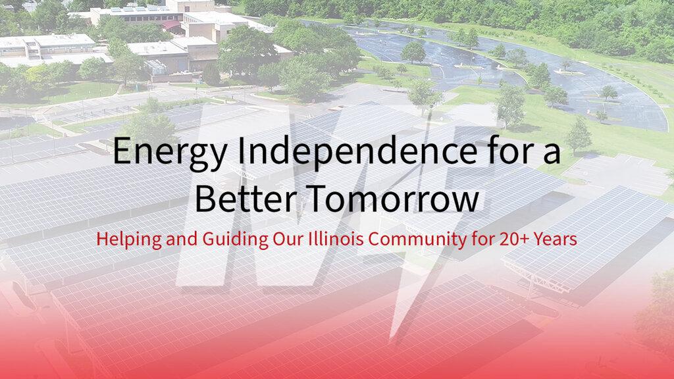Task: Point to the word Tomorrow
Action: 394,198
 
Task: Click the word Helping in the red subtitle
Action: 129,240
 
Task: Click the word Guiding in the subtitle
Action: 235,240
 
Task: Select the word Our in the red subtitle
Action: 288,238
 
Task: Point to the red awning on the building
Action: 171,25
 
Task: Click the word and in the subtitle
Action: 182,238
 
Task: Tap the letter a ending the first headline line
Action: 552,154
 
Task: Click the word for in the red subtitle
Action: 482,238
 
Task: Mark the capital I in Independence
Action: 242,151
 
